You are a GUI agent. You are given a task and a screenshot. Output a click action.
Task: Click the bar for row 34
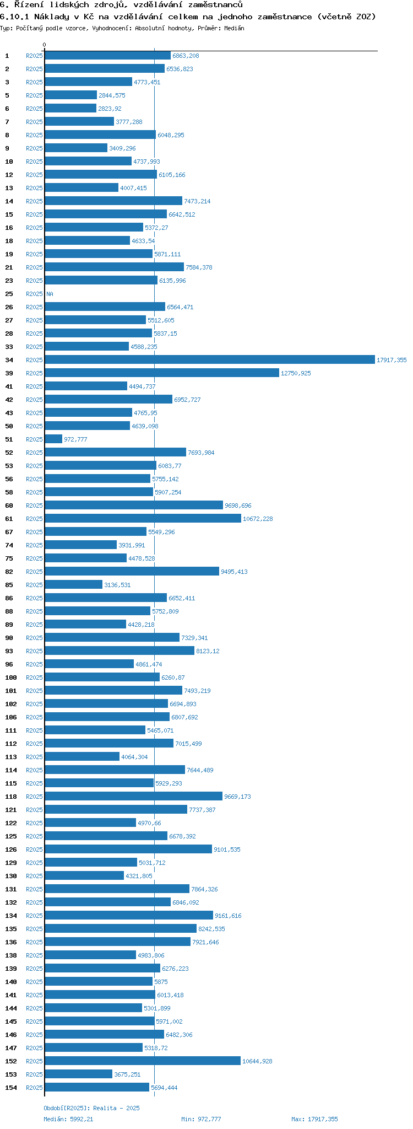pyautogui.click(x=209, y=360)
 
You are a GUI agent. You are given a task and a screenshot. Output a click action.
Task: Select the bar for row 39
pyautogui.click(x=162, y=373)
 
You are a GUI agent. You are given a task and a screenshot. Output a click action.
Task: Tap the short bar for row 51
pyautogui.click(x=53, y=439)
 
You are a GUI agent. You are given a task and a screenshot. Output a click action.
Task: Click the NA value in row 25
pyautogui.click(x=50, y=294)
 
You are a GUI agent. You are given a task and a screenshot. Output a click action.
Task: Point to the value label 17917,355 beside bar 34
pyautogui.click(x=392, y=360)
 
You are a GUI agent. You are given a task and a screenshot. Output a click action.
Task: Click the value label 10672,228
pyautogui.click(x=258, y=519)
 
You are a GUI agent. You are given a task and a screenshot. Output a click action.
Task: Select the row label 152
pyautogui.click(x=11, y=1061)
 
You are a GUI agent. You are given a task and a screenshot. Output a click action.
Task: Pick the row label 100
pyautogui.click(x=11, y=678)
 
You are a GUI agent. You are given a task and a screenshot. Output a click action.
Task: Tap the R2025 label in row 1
pyautogui.click(x=34, y=56)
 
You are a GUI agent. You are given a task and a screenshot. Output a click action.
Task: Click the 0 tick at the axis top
pyautogui.click(x=45, y=45)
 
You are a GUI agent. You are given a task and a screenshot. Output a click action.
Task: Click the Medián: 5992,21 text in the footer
pyautogui.click(x=69, y=1119)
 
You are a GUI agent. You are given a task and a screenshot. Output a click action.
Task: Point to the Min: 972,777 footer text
pyautogui.click(x=201, y=1119)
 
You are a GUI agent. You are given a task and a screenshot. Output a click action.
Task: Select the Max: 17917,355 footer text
pyautogui.click(x=314, y=1119)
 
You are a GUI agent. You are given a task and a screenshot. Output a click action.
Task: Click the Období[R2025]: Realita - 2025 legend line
pyautogui.click(x=91, y=1108)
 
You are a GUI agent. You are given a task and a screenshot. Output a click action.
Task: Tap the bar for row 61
pyautogui.click(x=143, y=519)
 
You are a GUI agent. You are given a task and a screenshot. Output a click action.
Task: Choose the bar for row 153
pyautogui.click(x=79, y=1074)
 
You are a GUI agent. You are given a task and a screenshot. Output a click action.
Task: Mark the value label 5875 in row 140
pyautogui.click(x=161, y=982)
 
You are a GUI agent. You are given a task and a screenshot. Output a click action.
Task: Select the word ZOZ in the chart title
pyautogui.click(x=363, y=17)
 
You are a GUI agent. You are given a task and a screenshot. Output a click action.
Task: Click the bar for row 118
pyautogui.click(x=134, y=797)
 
